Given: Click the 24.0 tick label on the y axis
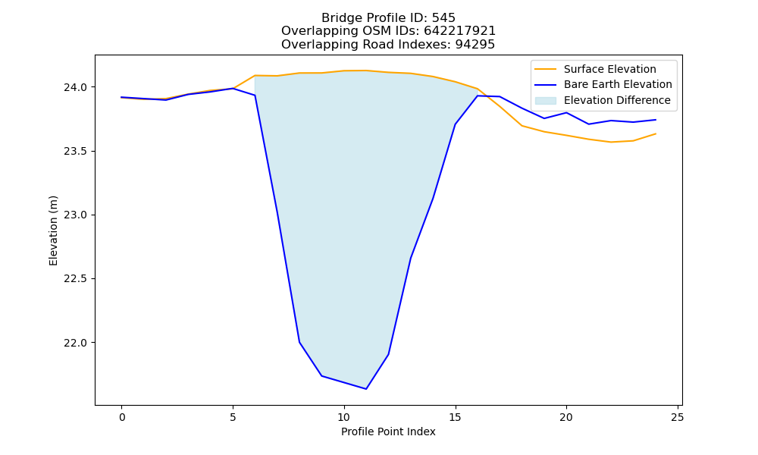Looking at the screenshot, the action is pyautogui.click(x=75, y=87).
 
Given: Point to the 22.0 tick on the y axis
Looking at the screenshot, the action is pyautogui.click(x=75, y=343).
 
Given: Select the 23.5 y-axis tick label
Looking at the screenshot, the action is pyautogui.click(x=75, y=152).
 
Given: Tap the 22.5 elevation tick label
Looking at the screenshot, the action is pyautogui.click(x=75, y=279).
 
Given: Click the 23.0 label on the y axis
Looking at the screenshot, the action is pyautogui.click(x=75, y=215).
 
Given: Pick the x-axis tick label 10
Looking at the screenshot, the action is pyautogui.click(x=343, y=417).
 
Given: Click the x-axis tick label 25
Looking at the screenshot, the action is pyautogui.click(x=678, y=417).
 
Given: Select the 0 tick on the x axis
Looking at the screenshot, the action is pyautogui.click(x=122, y=417).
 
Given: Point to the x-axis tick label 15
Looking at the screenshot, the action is pyautogui.click(x=455, y=417).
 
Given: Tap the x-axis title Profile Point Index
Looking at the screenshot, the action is pyautogui.click(x=388, y=431).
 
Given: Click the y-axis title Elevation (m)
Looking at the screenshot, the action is pyautogui.click(x=53, y=231).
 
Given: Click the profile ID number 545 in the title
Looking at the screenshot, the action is pyautogui.click(x=443, y=18).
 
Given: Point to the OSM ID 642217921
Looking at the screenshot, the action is pyautogui.click(x=460, y=31).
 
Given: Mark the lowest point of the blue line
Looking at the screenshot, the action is pyautogui.click(x=366, y=389).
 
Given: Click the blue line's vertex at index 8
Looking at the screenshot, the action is pyautogui.click(x=299, y=342).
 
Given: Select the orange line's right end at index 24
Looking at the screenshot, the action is pyautogui.click(x=656, y=133).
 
